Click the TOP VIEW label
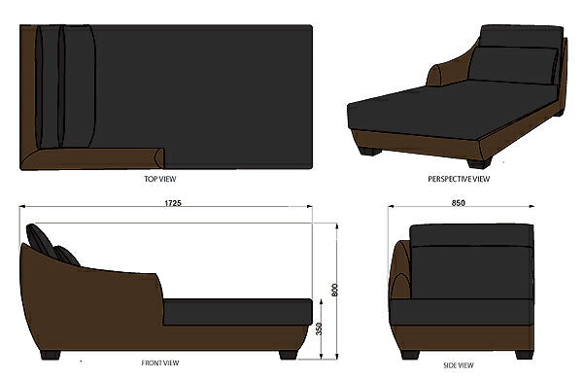160,179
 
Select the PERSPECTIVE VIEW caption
459,179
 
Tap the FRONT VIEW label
160,362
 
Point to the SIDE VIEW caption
459,365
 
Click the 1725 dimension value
173,203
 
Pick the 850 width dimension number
458,203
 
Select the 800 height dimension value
334,291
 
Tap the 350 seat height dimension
319,328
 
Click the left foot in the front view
51,355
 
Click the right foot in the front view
289,355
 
